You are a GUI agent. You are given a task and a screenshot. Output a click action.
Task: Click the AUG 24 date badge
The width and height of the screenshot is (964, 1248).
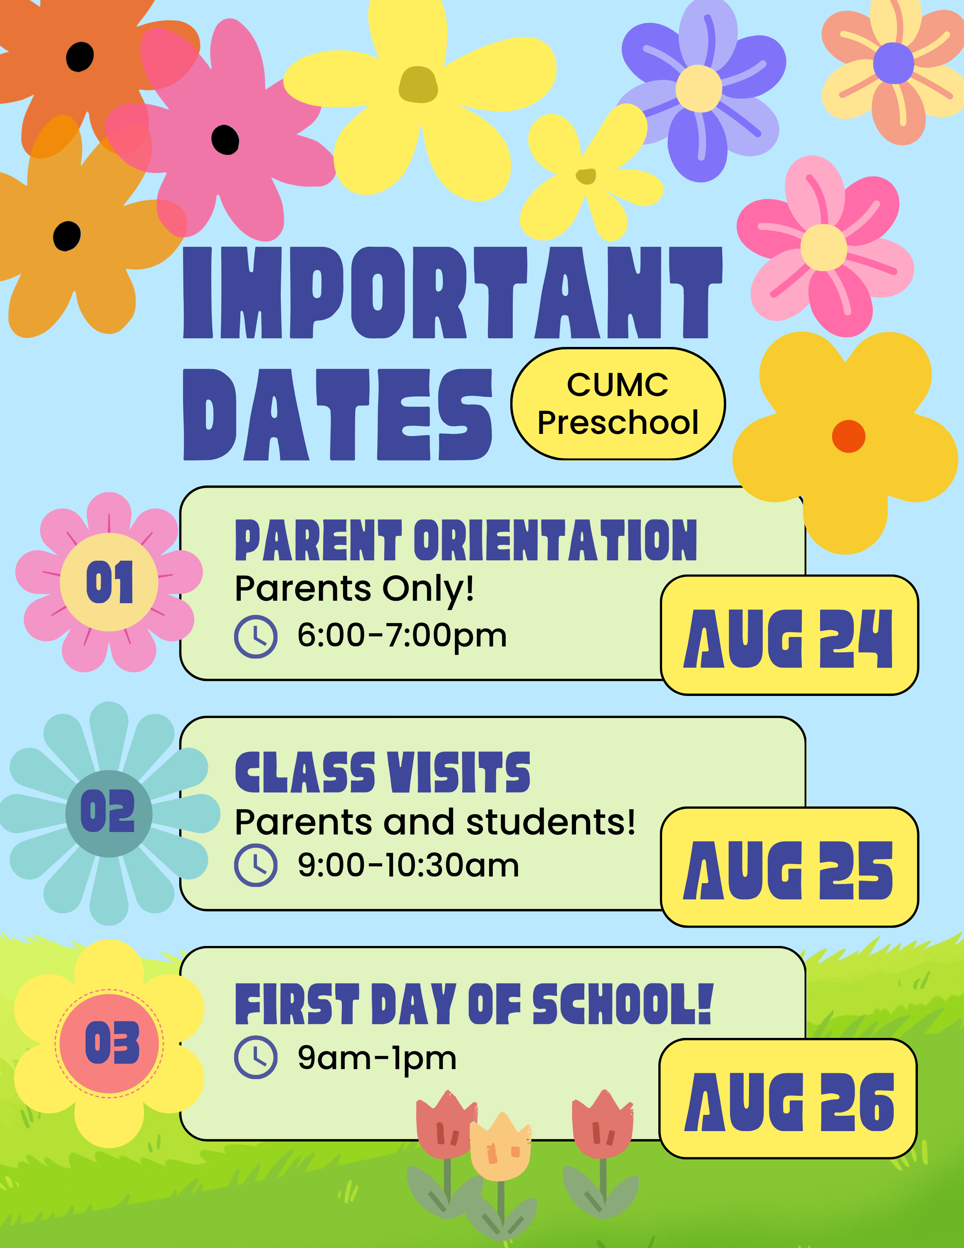click(x=789, y=635)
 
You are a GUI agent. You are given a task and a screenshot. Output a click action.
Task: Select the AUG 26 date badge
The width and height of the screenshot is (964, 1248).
click(x=788, y=1098)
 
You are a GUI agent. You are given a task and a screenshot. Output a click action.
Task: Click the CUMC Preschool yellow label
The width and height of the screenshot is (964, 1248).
click(x=618, y=404)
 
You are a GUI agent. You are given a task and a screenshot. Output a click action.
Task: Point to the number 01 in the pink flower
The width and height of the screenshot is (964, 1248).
click(x=110, y=582)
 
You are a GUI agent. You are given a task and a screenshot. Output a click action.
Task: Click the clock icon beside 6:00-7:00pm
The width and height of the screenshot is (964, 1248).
click(x=256, y=636)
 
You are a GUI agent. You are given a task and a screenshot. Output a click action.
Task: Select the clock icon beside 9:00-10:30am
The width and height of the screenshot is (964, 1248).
click(x=256, y=865)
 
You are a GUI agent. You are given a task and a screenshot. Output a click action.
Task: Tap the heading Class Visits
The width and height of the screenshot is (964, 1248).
click(x=383, y=772)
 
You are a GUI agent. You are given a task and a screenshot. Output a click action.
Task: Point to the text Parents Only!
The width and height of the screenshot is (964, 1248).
click(x=354, y=589)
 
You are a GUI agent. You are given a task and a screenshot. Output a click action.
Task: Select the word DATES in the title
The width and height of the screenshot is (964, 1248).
click(x=338, y=414)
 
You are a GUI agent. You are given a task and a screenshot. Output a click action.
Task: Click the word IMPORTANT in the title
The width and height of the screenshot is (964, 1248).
click(x=453, y=292)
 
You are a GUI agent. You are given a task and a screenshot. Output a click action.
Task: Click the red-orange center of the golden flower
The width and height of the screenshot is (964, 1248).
click(x=849, y=436)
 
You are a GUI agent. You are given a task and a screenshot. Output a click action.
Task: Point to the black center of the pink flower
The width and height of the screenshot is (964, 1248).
click(x=225, y=140)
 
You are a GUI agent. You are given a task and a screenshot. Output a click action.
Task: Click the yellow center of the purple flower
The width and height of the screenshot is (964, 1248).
click(x=699, y=89)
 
